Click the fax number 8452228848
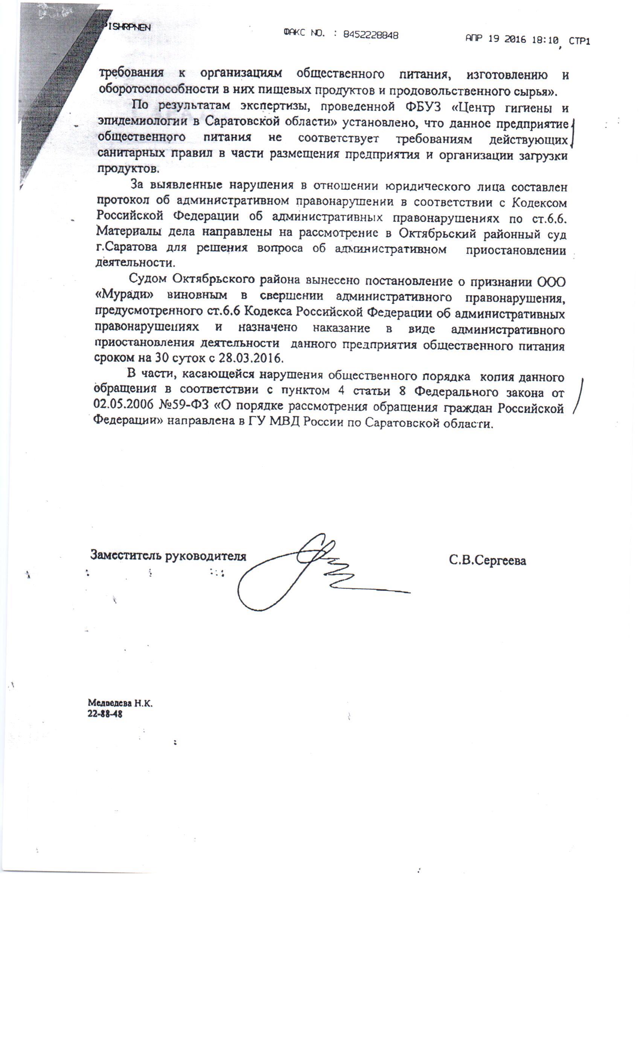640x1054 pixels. [370, 35]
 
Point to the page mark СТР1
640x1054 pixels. [579, 41]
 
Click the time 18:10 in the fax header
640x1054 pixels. [545, 40]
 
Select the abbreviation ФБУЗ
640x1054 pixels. [421, 106]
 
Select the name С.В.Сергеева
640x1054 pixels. [487, 560]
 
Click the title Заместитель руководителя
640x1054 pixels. [168, 555]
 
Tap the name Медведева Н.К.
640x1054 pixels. [120, 702]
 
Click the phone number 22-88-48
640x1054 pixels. [105, 713]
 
